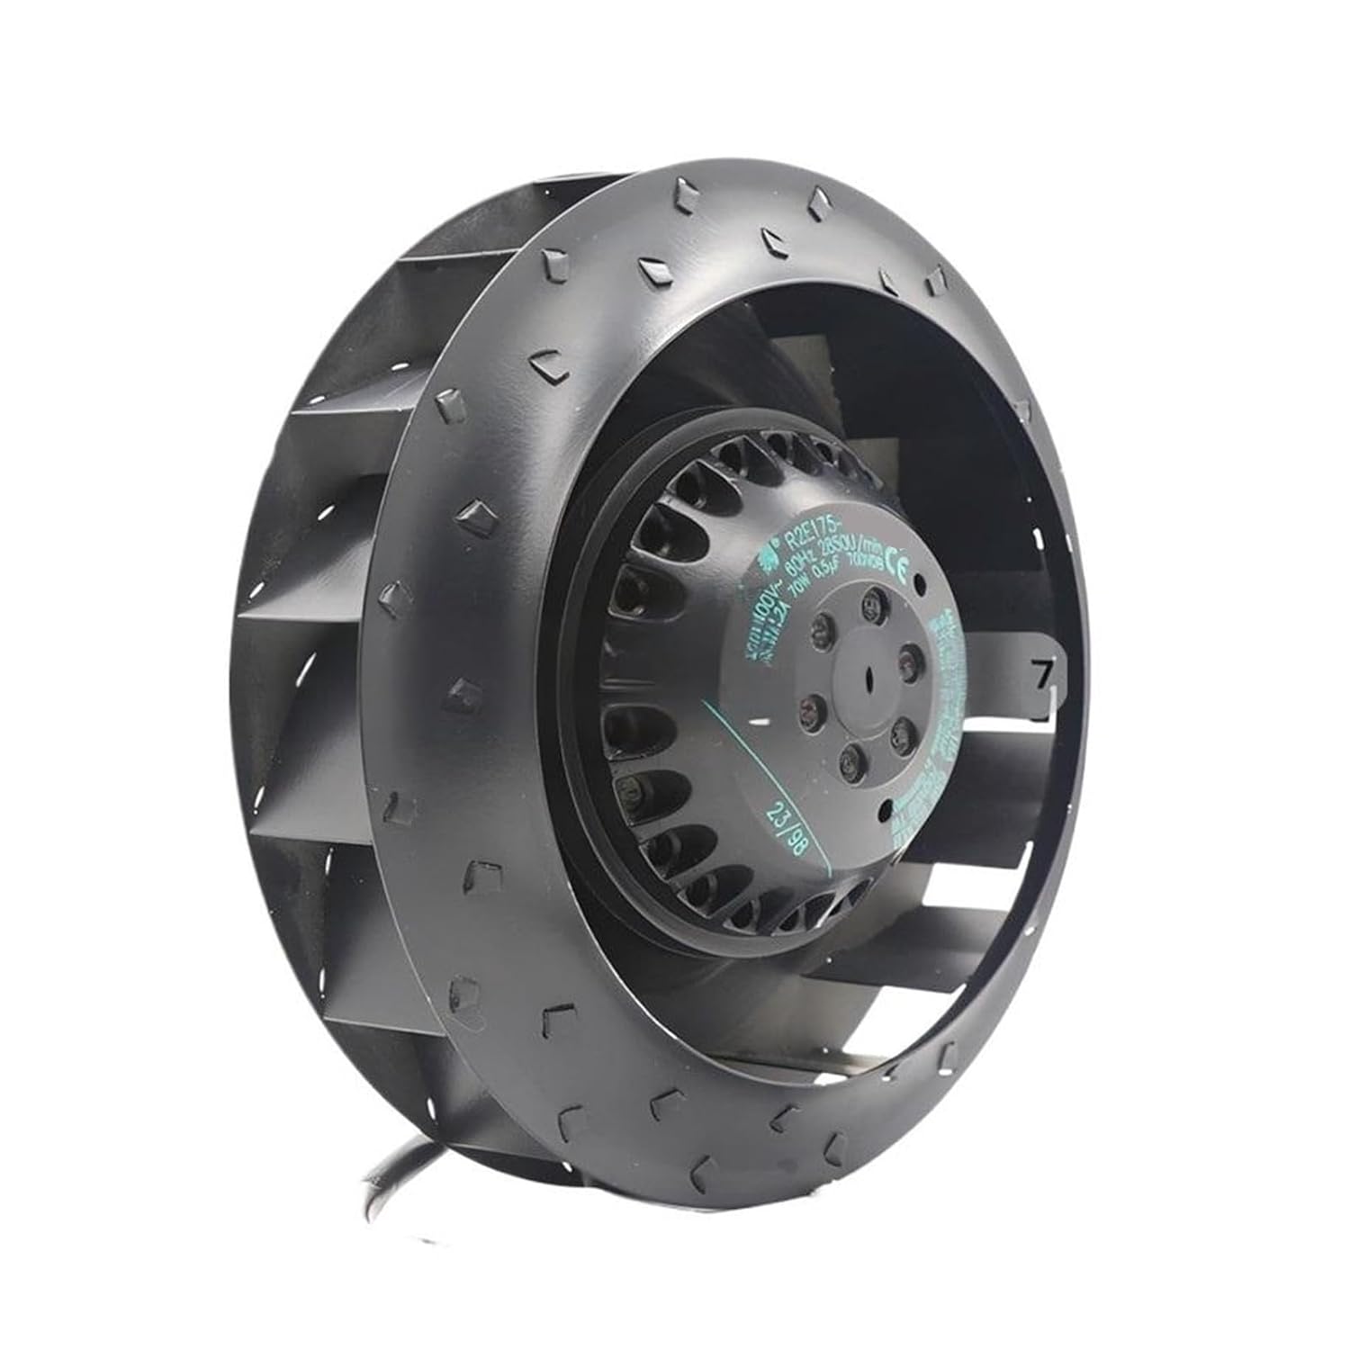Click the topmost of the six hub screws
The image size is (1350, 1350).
point(870,601)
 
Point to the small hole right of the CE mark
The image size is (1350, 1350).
point(921,586)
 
